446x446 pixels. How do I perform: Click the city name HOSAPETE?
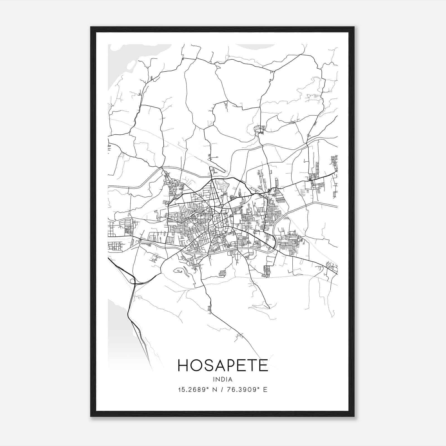point(222,365)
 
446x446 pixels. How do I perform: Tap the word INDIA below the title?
point(222,379)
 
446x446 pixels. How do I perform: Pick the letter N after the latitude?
point(215,390)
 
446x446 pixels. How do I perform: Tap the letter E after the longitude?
point(265,390)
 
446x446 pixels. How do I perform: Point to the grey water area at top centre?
point(255,46)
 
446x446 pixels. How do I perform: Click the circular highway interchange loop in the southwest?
point(132,281)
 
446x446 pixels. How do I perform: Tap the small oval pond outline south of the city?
point(178,270)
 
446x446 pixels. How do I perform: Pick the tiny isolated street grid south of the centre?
point(222,273)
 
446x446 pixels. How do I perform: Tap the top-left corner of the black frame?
point(91,27)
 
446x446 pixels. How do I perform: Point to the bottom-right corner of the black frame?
point(354,416)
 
